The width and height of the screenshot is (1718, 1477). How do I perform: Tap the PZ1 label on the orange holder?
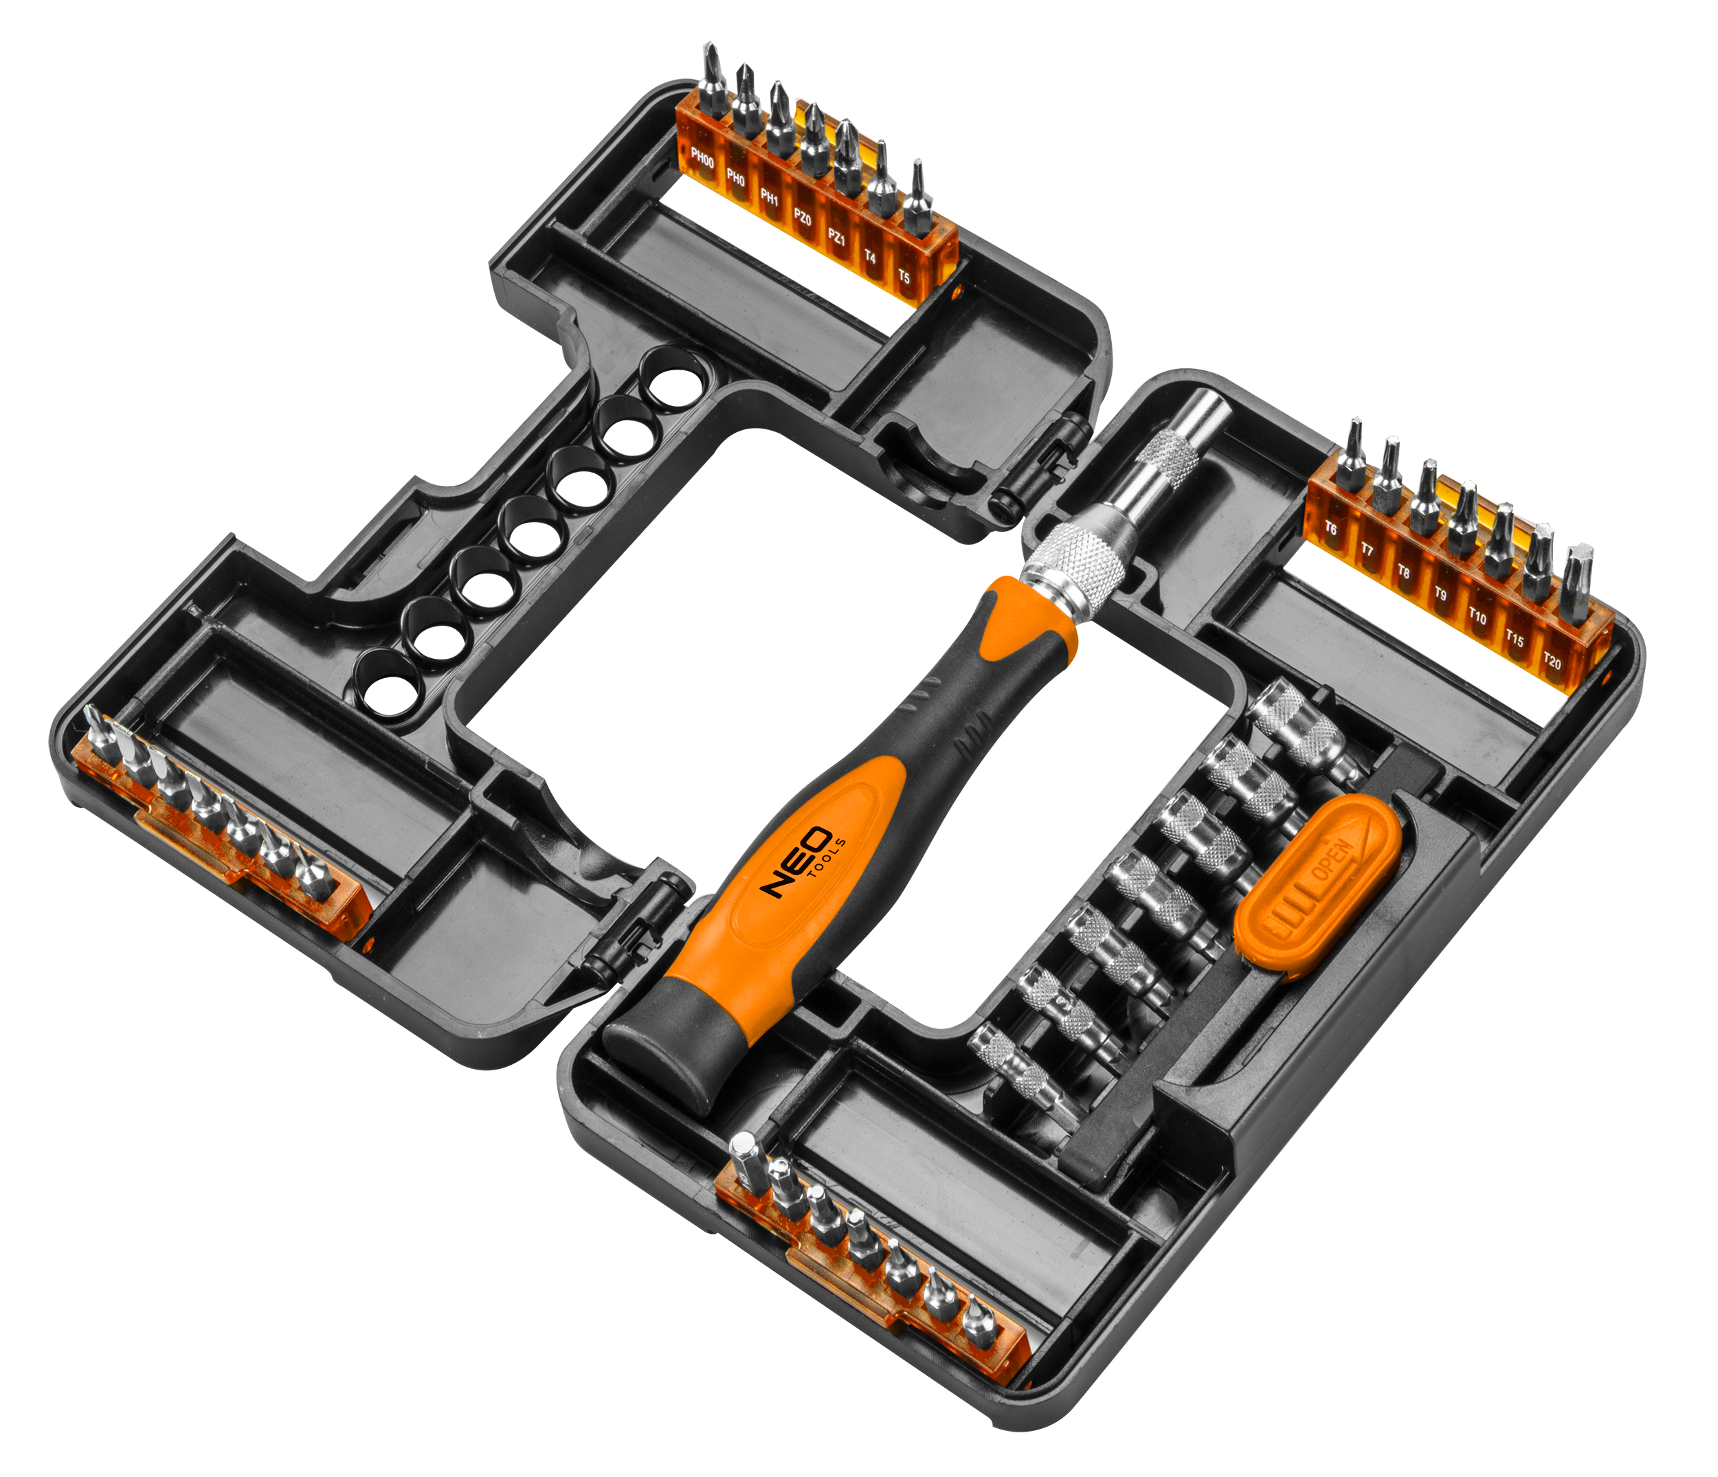836,238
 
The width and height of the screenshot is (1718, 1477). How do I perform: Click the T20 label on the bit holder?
1552,662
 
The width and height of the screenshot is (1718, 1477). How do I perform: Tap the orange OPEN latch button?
1318,881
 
